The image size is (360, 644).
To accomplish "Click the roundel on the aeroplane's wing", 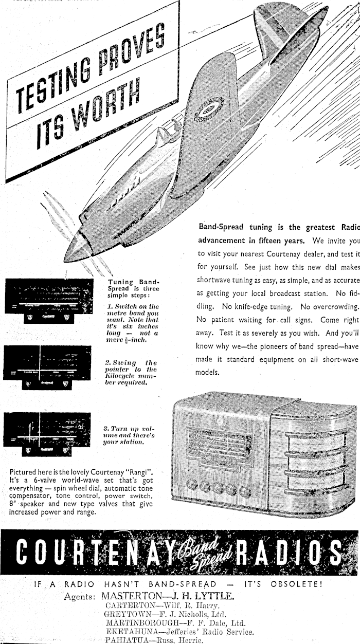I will (210, 107).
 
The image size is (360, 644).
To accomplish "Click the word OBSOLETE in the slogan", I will (296, 584).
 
